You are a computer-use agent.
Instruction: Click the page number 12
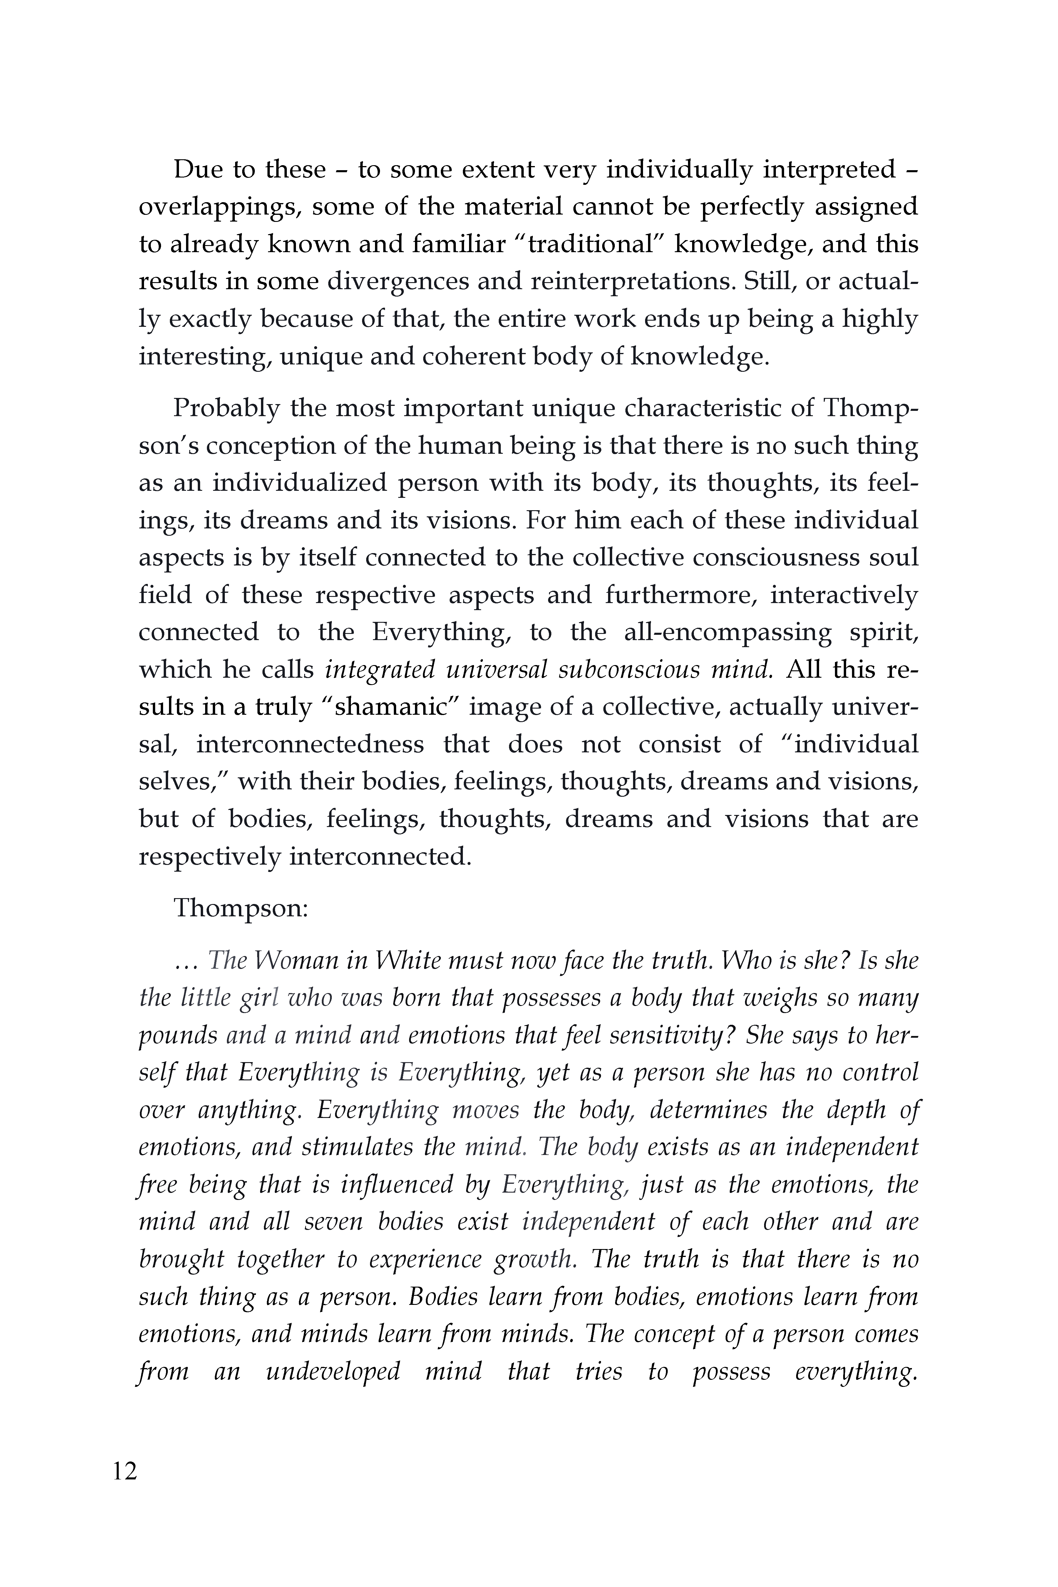125,1489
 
